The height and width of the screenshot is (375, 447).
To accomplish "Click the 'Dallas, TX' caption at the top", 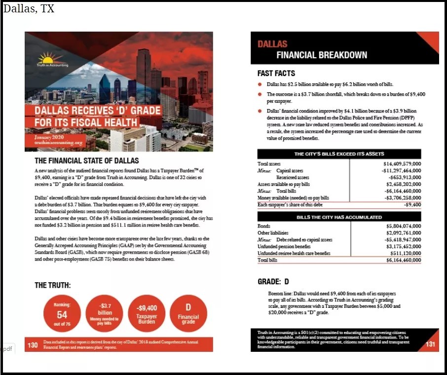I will click(29, 9).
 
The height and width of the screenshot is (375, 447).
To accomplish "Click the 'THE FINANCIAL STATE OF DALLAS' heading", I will click(86, 161).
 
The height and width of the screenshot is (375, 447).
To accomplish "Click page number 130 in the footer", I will click(33, 345).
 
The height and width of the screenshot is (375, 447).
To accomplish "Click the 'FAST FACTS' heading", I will click(276, 74).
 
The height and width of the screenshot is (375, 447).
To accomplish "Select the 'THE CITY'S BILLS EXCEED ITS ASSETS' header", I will click(339, 154).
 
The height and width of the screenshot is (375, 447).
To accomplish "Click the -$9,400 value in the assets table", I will click(412, 204).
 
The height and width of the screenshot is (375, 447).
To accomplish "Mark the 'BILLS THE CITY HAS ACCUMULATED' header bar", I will click(339, 217).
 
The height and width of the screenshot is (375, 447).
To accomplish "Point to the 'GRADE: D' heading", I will click(273, 282).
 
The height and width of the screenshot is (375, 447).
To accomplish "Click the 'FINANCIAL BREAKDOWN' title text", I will click(322, 55).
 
